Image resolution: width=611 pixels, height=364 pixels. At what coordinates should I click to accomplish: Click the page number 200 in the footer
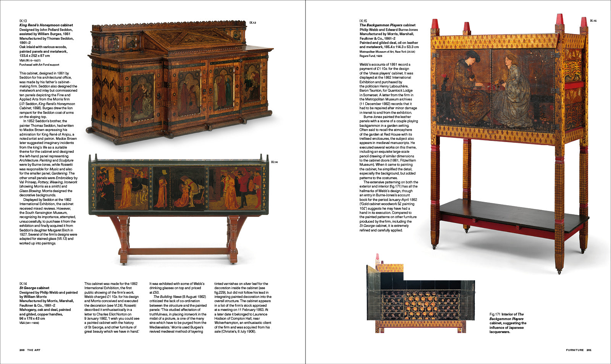[22, 350]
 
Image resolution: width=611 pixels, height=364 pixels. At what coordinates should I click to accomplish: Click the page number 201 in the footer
[589, 350]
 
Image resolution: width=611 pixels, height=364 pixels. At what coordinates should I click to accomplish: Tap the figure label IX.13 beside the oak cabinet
[253, 23]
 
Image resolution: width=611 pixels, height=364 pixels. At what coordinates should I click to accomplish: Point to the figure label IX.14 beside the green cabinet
[274, 162]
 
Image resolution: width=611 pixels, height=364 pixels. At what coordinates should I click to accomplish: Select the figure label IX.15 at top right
[593, 21]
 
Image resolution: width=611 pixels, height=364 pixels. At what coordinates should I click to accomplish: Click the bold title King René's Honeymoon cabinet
[46, 25]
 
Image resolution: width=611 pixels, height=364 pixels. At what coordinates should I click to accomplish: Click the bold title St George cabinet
[34, 288]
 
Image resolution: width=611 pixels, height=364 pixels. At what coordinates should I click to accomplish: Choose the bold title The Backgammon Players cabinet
[387, 25]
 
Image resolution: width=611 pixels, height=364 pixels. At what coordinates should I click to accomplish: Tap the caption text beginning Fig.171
[508, 323]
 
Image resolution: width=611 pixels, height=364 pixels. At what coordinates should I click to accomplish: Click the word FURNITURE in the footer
[574, 350]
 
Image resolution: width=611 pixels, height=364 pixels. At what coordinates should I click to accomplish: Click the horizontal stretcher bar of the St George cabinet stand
[178, 251]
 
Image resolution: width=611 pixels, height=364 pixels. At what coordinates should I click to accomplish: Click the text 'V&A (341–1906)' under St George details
[29, 323]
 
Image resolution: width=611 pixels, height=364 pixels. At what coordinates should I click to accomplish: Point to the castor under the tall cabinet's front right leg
[559, 272]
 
